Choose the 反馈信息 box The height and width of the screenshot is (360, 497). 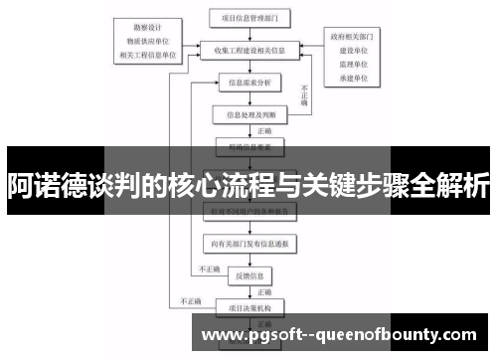(248, 274)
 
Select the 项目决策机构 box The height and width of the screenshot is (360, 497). (248, 308)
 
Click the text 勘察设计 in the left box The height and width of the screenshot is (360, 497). (147, 28)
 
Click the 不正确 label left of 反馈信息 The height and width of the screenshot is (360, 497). (210, 270)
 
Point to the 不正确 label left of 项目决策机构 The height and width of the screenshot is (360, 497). (190, 301)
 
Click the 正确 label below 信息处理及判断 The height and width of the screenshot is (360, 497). (263, 130)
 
